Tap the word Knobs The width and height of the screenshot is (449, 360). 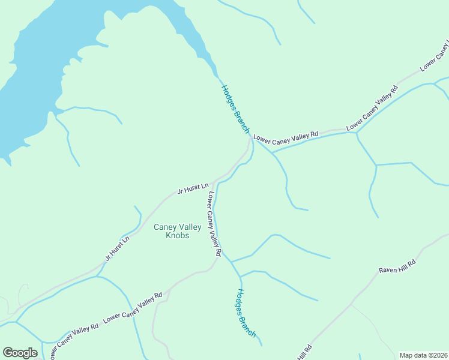point(177,236)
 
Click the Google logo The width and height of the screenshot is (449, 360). point(20,353)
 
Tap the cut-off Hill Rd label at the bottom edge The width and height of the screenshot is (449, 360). point(305,353)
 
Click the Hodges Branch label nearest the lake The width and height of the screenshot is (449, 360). point(235,109)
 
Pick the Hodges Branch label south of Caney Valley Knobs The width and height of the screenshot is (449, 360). point(246,313)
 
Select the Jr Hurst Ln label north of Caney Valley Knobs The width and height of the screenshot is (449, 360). point(193,188)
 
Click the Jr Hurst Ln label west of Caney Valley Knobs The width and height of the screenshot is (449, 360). point(117,248)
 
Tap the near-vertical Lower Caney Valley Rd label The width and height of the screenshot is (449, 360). point(214,224)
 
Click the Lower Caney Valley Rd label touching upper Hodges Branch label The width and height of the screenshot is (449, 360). point(285,137)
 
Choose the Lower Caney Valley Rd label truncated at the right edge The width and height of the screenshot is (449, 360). point(434,58)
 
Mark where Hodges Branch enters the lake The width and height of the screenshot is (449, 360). point(217,77)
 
